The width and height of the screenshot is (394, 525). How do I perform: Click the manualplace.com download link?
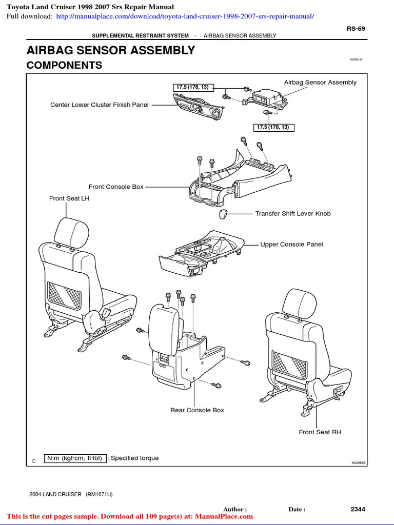coord(185,16)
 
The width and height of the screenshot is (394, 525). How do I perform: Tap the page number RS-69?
coord(356,29)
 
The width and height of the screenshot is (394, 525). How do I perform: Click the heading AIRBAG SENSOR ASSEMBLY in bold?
coord(111,50)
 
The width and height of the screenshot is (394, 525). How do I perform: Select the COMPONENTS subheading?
coord(64,66)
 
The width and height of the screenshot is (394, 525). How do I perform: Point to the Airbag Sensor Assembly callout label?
coord(320,83)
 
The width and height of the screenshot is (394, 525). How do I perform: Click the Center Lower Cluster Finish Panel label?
coord(100,105)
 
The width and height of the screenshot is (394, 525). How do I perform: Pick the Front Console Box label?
coord(116,187)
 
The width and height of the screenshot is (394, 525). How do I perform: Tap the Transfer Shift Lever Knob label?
coord(293,214)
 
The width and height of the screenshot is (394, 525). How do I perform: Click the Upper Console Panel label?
coord(291,245)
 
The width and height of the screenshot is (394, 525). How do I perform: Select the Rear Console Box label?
coord(197,410)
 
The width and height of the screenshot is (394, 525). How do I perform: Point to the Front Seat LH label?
coord(69,198)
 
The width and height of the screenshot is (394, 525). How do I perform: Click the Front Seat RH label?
coord(320,432)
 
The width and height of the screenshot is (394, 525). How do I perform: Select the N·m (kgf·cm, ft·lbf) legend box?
coord(75,458)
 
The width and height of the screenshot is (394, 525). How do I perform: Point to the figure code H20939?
coord(359,462)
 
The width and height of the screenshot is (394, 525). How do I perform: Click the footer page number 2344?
coord(358,509)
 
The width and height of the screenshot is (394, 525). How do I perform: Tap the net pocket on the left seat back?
coord(61,295)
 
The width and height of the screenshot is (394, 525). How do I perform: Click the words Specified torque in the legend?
coord(135,458)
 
